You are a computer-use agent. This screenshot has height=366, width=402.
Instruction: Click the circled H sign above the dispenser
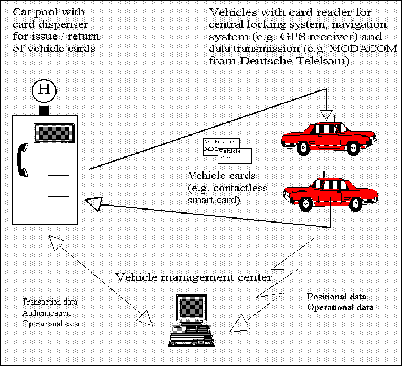click(x=44, y=91)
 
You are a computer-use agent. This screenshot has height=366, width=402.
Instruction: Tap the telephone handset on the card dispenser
click(x=22, y=160)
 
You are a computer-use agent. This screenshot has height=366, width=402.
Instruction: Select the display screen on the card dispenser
click(x=54, y=133)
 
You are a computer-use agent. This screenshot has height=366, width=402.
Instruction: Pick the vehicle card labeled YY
click(x=235, y=156)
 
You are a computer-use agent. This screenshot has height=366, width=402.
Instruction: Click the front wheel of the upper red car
click(x=353, y=149)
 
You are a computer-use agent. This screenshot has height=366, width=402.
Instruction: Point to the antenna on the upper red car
click(x=335, y=119)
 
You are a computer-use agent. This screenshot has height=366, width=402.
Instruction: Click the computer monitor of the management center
click(x=192, y=308)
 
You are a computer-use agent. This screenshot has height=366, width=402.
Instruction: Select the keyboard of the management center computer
click(x=192, y=341)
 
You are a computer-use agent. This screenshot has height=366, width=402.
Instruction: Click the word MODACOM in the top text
click(x=363, y=49)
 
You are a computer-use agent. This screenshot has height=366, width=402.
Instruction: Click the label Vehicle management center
click(x=193, y=277)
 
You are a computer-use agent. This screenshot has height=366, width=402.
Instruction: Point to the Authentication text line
click(x=47, y=313)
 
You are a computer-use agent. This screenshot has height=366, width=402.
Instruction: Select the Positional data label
click(x=336, y=297)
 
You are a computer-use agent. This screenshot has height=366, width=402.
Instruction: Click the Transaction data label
click(x=50, y=302)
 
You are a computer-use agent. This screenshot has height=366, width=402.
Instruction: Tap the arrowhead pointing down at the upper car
click(x=326, y=115)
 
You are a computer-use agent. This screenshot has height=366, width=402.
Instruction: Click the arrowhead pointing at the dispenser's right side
click(x=94, y=203)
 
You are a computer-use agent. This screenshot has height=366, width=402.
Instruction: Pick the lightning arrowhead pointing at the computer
click(x=240, y=324)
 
